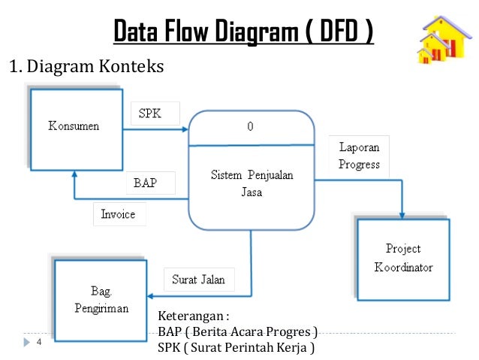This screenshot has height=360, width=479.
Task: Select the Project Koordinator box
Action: pyautogui.click(x=402, y=259)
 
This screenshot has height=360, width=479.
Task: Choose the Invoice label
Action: pyautogui.click(x=119, y=214)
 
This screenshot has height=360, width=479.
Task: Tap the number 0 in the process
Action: pyautogui.click(x=250, y=127)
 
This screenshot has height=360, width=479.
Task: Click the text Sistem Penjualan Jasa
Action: pyautogui.click(x=251, y=183)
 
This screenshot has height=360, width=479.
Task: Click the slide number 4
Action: pyautogui.click(x=38, y=343)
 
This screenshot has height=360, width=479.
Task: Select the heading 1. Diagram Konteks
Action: pyautogui.click(x=85, y=68)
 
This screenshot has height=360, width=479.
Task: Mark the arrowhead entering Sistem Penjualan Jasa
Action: pyautogui.click(x=185, y=129)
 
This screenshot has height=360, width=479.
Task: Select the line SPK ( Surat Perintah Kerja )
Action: pyautogui.click(x=235, y=348)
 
